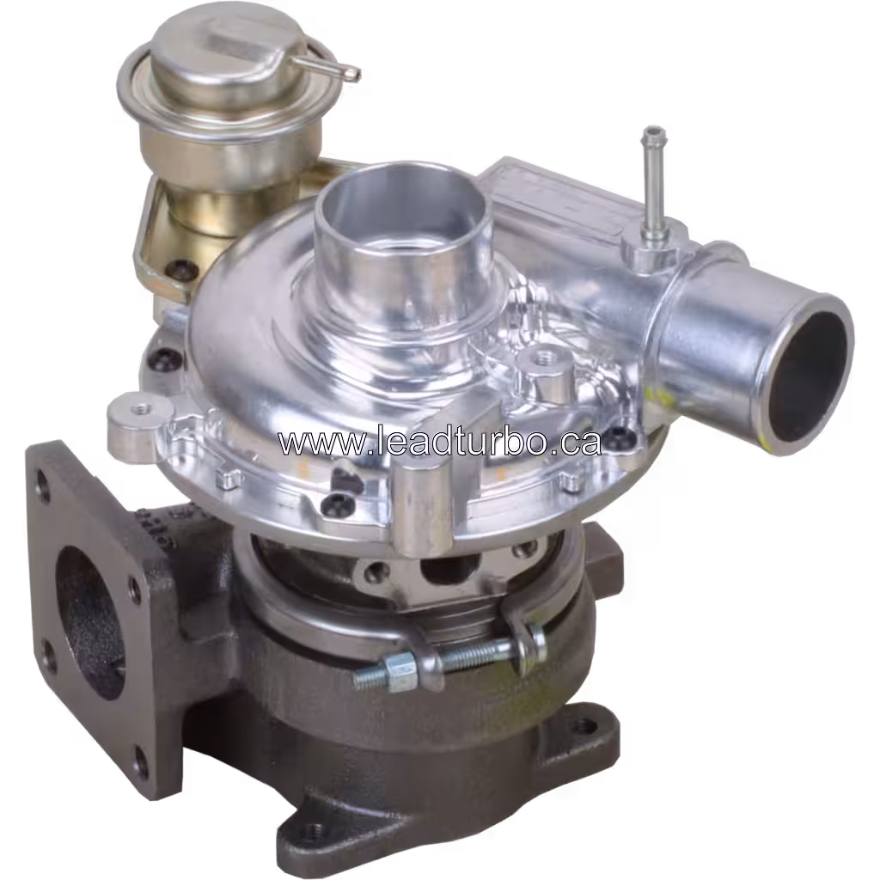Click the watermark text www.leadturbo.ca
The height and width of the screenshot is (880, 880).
tap(439, 442)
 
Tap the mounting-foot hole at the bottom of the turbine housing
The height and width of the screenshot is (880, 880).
tap(315, 831)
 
